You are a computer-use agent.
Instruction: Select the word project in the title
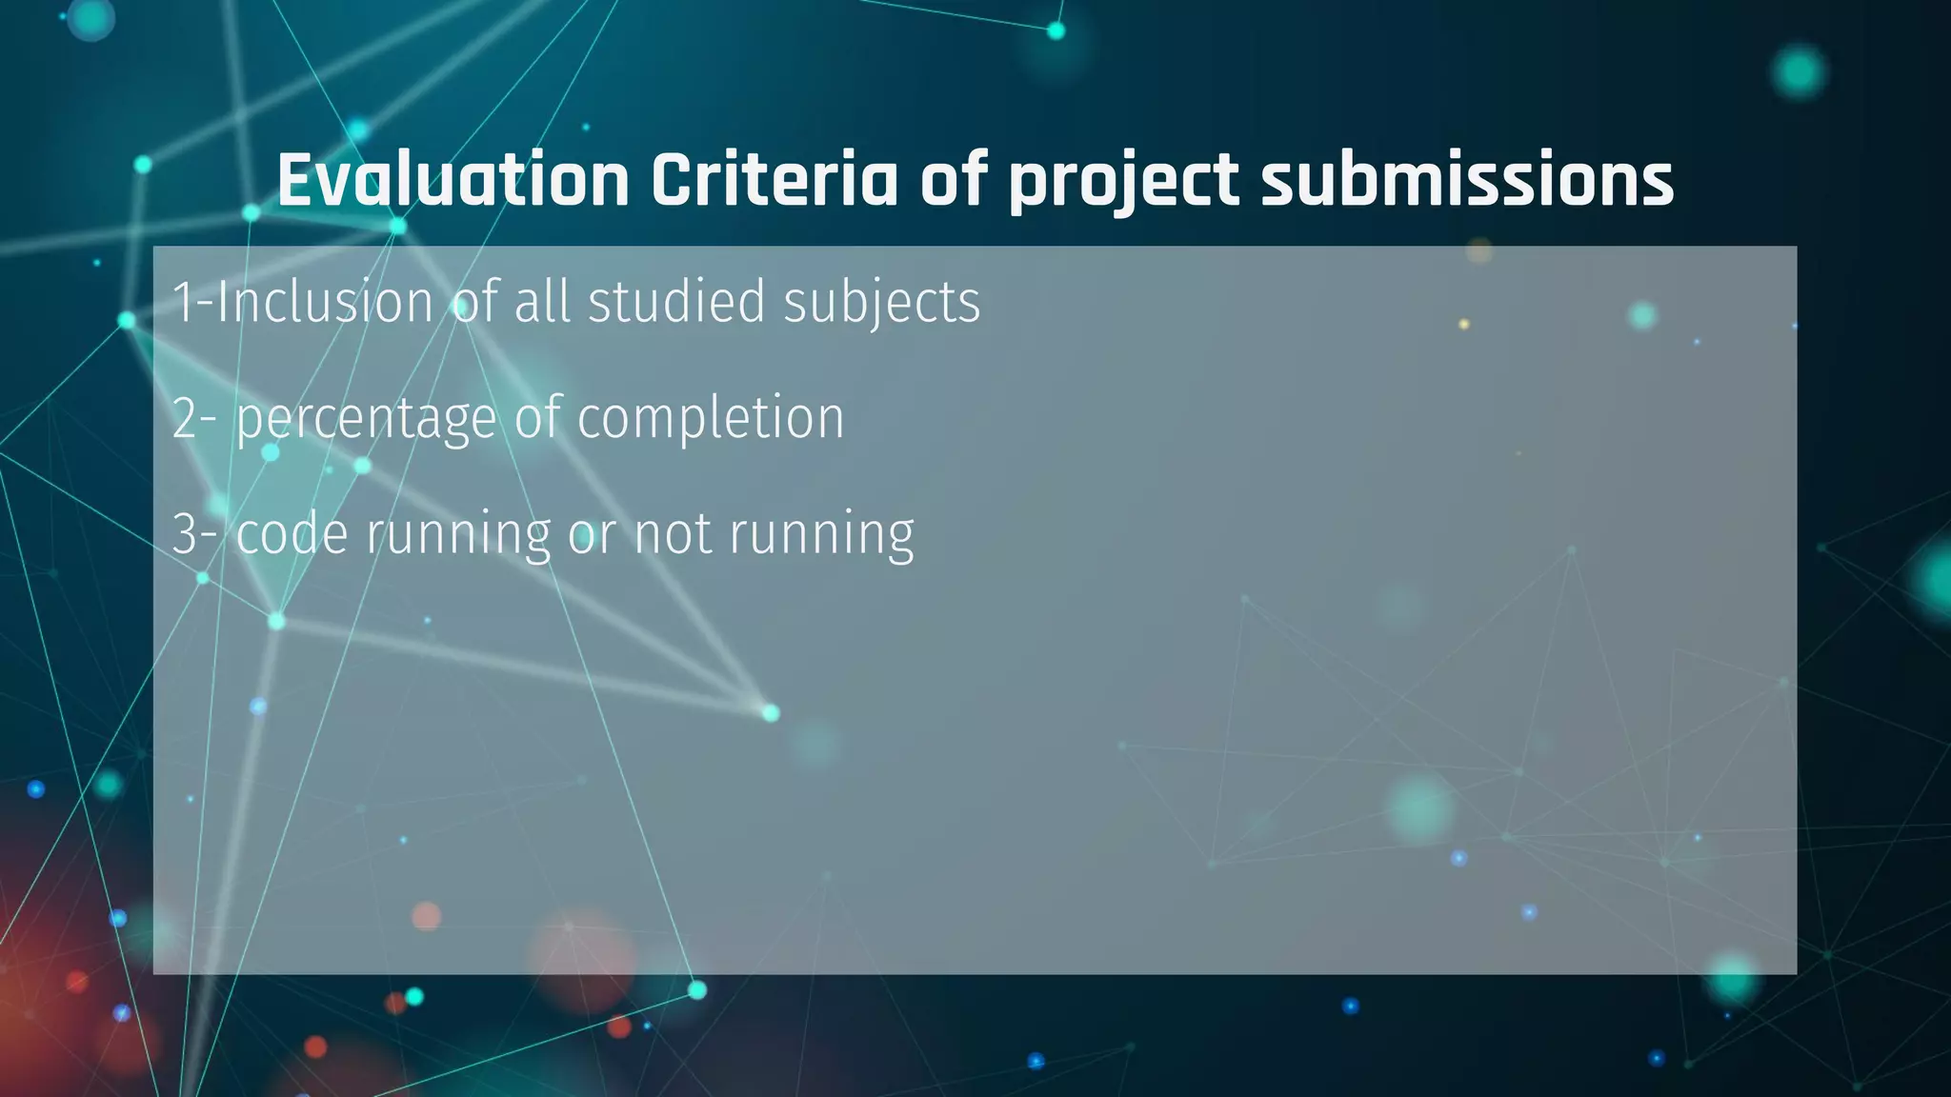click(1124, 181)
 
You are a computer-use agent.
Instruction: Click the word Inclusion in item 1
click(326, 302)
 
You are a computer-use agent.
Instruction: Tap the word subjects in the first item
click(882, 304)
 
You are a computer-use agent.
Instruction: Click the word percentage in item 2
click(367, 420)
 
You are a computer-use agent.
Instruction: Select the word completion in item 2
click(711, 420)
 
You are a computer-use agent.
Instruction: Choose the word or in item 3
click(592, 535)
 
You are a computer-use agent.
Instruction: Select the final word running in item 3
click(821, 535)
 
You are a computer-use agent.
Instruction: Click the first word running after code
click(458, 535)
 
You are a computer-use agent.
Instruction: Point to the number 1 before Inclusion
click(181, 302)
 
